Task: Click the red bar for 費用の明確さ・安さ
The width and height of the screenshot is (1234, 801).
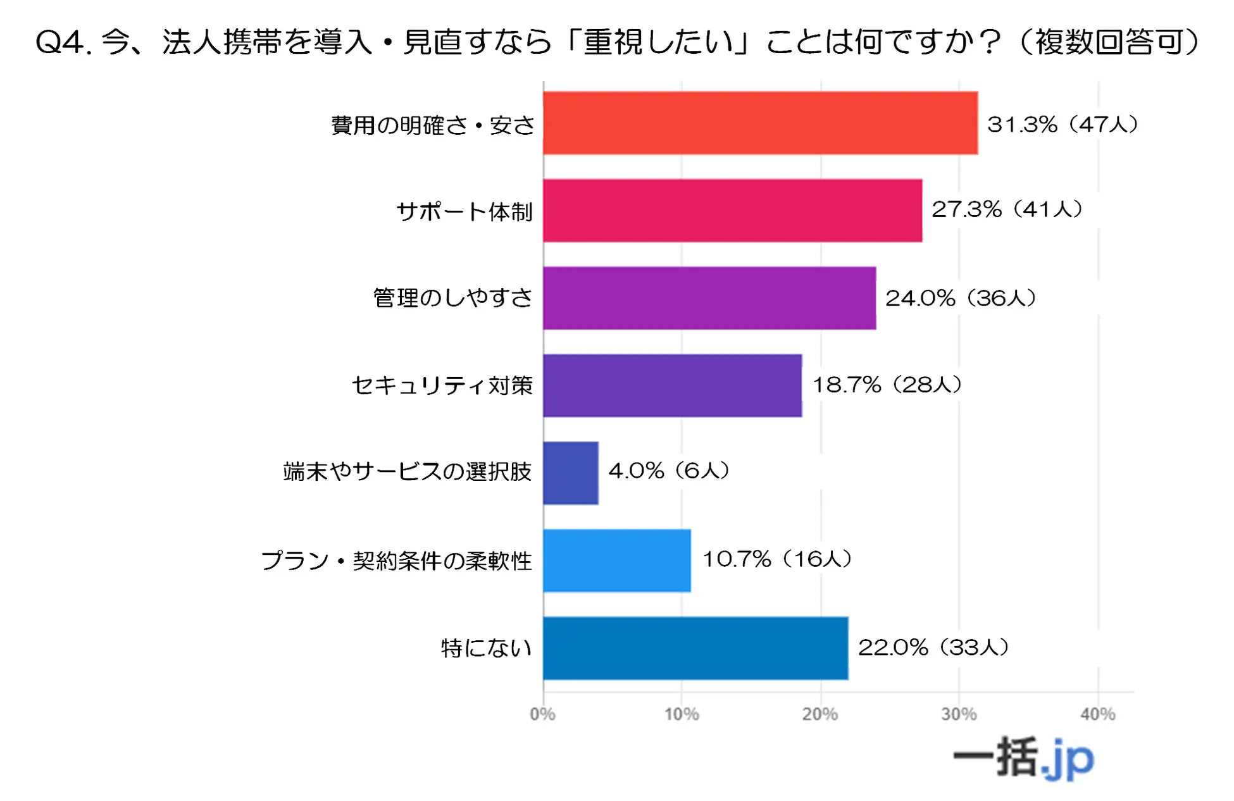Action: click(x=759, y=123)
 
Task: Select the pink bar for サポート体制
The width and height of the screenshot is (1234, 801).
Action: click(x=732, y=210)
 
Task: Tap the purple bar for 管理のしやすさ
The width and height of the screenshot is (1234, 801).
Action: click(x=709, y=298)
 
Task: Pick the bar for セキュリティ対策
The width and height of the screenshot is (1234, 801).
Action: click(x=672, y=385)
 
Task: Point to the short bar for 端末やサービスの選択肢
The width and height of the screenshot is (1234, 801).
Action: click(x=570, y=473)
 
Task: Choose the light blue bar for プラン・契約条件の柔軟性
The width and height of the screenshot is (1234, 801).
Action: click(x=616, y=561)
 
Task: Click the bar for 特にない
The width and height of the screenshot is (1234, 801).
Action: click(x=695, y=648)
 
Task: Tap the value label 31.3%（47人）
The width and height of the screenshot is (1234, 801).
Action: click(x=1063, y=124)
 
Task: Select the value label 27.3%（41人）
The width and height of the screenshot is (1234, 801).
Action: click(x=1007, y=209)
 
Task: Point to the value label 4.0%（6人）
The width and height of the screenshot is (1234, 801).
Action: click(x=669, y=470)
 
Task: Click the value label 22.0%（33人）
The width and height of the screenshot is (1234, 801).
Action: click(x=933, y=647)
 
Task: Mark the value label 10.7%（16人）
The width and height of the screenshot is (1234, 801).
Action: click(x=777, y=559)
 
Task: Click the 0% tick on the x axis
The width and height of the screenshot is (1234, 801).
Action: click(x=542, y=714)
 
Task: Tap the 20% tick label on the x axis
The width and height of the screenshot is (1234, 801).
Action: click(x=820, y=714)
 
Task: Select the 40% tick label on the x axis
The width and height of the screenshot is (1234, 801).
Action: click(x=1097, y=714)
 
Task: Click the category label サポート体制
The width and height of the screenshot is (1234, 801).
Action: click(x=464, y=211)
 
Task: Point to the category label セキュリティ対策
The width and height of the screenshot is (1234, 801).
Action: click(x=442, y=385)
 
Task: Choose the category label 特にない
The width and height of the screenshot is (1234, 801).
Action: click(x=486, y=648)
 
